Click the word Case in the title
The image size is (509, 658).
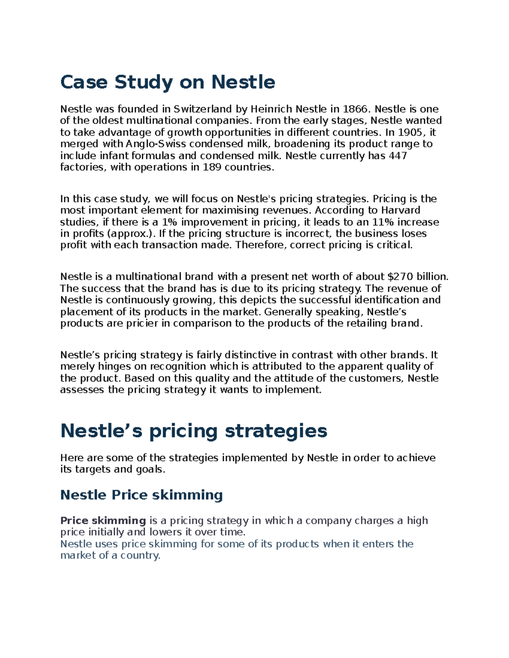[x=84, y=82]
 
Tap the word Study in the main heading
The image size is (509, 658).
[x=143, y=82]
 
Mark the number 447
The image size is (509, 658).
[x=398, y=156]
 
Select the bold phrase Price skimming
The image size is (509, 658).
[x=103, y=521]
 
